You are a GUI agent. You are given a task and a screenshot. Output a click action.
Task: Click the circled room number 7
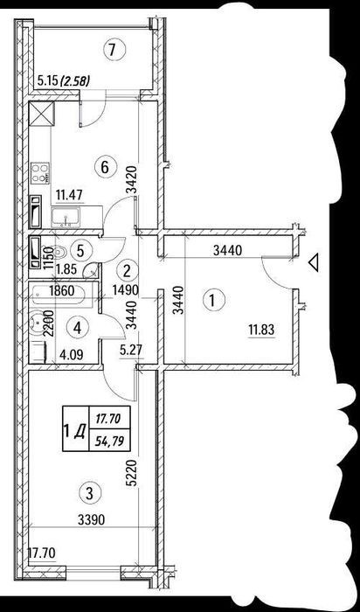point(112,51)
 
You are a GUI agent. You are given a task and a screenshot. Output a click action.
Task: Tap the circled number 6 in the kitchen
point(104,168)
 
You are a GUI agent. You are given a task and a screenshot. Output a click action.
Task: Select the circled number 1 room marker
point(212,301)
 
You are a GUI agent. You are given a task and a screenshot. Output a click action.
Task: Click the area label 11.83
point(262,330)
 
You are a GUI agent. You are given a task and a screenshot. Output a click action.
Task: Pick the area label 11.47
point(69,194)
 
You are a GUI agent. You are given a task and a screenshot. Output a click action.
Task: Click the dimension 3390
point(91,520)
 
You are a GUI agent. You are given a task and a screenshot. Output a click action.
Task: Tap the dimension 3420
point(132,180)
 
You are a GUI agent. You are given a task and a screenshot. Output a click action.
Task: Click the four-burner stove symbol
point(40,173)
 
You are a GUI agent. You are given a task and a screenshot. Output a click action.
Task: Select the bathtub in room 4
point(63,294)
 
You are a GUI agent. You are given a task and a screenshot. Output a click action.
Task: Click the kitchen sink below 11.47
point(66,218)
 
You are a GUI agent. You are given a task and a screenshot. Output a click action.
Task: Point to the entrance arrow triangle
point(314,262)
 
